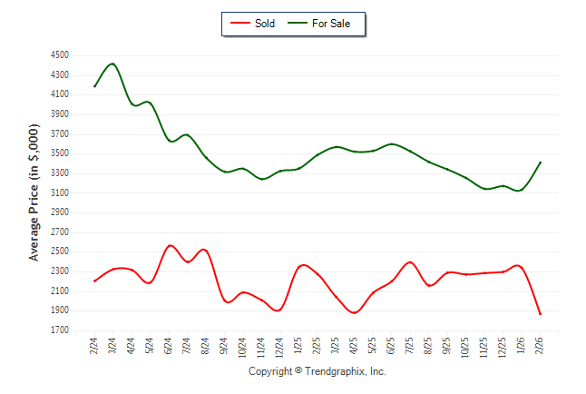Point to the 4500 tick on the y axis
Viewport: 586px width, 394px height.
click(x=60, y=54)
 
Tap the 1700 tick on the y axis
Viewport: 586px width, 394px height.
click(x=60, y=330)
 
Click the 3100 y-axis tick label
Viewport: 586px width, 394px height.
click(x=60, y=192)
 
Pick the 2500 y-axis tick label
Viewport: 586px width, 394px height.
click(x=60, y=251)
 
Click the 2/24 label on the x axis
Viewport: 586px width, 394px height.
click(x=94, y=346)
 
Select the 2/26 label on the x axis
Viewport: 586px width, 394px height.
click(x=541, y=346)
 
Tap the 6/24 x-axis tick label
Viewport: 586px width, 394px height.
click(x=169, y=346)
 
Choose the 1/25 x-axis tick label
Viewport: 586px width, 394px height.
click(x=299, y=346)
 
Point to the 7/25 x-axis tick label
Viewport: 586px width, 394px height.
click(x=411, y=346)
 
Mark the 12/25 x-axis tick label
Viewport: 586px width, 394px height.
click(x=503, y=348)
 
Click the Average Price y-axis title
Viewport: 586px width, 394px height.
click(x=34, y=192)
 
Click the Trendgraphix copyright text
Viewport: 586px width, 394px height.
click(x=317, y=371)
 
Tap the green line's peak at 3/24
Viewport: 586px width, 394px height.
click(x=112, y=64)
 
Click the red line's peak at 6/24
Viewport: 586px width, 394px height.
click(x=170, y=245)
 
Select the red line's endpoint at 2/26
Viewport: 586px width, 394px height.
click(x=541, y=314)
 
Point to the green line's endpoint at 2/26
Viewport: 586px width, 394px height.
click(x=541, y=163)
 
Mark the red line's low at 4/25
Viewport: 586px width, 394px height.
click(x=355, y=312)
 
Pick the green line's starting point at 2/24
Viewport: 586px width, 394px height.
click(x=94, y=86)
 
